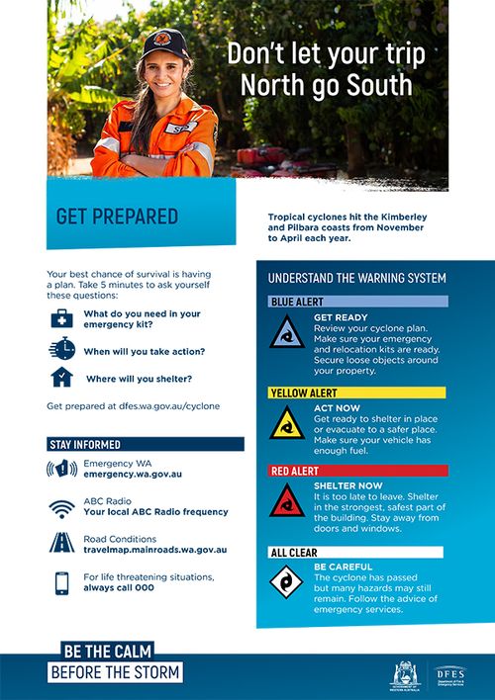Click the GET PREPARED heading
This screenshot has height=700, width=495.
(x=117, y=217)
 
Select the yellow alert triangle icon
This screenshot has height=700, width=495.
(x=287, y=424)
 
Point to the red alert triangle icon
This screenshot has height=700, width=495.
(x=287, y=502)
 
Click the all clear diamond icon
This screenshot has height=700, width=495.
(x=287, y=582)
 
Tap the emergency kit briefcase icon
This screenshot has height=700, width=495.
(x=61, y=318)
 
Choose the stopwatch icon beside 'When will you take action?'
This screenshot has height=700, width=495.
(x=61, y=348)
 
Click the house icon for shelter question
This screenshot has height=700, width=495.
(x=61, y=378)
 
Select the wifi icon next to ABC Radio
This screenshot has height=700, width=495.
(x=61, y=507)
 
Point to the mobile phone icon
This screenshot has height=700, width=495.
(x=61, y=582)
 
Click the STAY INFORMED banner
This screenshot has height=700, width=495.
(x=145, y=444)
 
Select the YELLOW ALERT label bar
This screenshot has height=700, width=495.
(x=356, y=393)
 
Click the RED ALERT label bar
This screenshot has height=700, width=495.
(x=356, y=471)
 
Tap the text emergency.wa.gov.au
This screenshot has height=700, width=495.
(x=133, y=475)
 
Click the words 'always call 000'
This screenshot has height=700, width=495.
(x=119, y=587)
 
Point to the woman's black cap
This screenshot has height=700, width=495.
(x=157, y=42)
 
